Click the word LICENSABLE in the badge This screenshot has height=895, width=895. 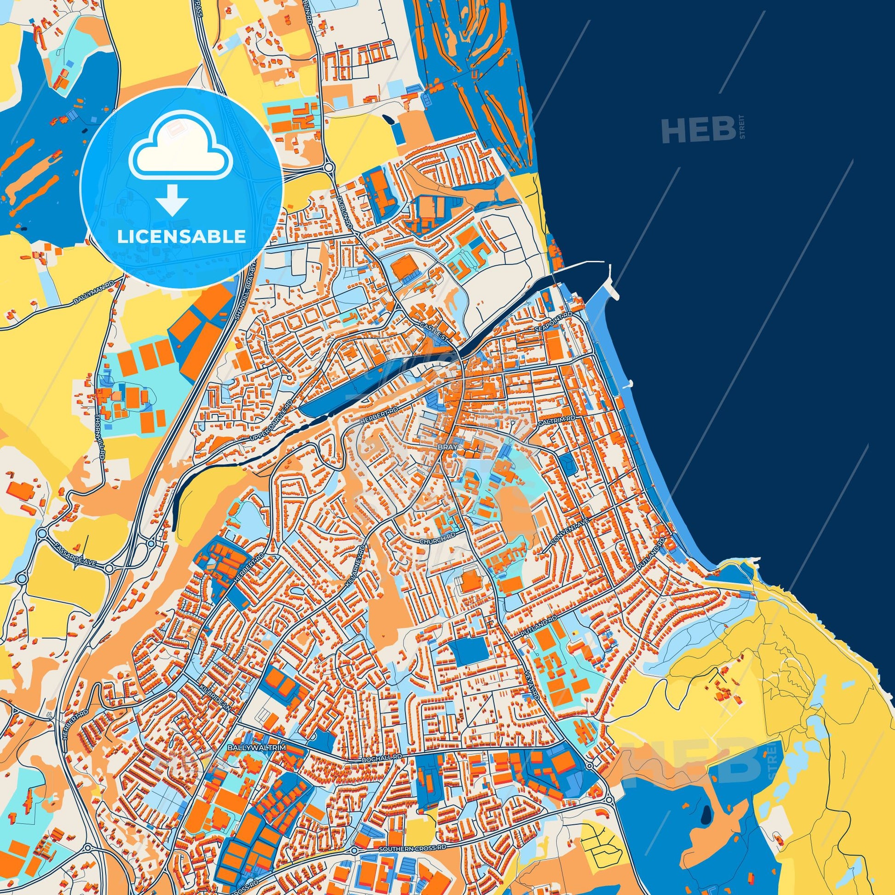pyautogui.click(x=181, y=237)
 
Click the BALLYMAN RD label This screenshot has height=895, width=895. pyautogui.click(x=93, y=294)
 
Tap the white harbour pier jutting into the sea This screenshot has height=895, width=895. pyautogui.click(x=611, y=284)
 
